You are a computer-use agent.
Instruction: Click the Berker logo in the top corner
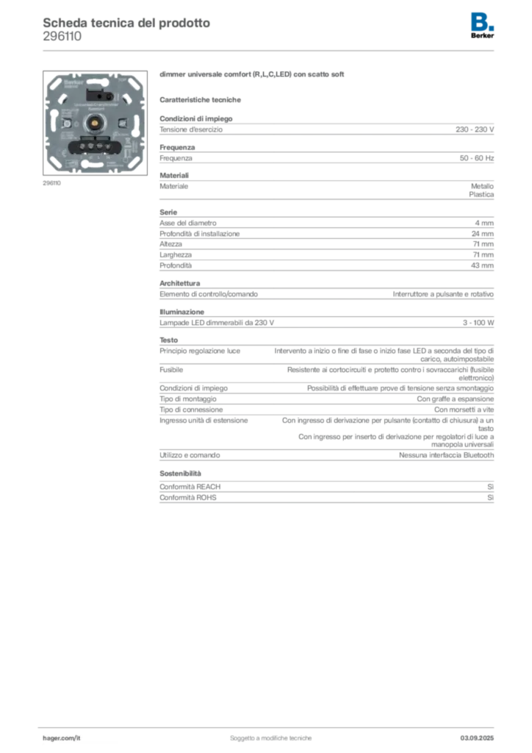pos(482,26)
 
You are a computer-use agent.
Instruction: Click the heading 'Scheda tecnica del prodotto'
pos(126,23)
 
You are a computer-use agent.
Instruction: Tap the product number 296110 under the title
pos(62,37)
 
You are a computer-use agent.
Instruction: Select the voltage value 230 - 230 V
pos(475,129)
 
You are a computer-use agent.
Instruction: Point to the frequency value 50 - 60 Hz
pos(476,158)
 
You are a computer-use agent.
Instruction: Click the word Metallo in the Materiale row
pos(482,186)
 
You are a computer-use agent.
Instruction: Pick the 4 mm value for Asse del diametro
pos(484,223)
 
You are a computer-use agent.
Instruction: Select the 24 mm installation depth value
pos(482,233)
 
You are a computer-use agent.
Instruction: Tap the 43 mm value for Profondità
pos(482,265)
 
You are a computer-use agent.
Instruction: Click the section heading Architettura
pos(180,283)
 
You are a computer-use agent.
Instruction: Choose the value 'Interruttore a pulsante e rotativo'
pos(443,294)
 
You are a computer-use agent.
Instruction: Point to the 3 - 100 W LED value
pos(478,323)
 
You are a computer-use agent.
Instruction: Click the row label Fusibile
pos(171,370)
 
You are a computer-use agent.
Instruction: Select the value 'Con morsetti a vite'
pos(464,410)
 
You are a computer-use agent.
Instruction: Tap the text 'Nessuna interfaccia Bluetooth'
pos(446,454)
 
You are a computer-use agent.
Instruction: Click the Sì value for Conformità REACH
pos(490,487)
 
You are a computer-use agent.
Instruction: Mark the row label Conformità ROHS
pos(188,498)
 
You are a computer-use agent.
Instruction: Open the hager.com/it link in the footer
pos(62,738)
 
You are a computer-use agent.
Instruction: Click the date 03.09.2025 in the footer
pos(477,738)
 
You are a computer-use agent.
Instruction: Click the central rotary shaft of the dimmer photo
pos(95,123)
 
